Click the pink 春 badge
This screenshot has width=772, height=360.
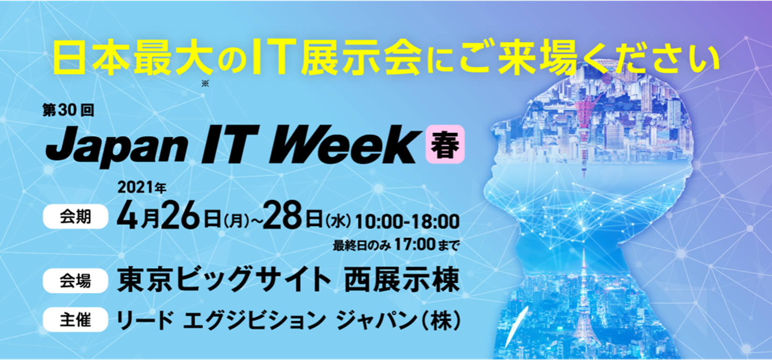445,144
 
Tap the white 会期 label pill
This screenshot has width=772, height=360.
76,217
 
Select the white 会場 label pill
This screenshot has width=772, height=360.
76,281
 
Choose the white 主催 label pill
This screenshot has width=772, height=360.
76,319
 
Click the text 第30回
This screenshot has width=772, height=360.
68,110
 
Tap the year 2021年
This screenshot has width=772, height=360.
142,188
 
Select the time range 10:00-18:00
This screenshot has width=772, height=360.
407,221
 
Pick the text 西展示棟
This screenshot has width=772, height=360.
402,280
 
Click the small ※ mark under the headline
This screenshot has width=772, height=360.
205,84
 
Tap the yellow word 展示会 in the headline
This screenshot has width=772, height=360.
361,57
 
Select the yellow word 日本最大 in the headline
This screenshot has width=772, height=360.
133,57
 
